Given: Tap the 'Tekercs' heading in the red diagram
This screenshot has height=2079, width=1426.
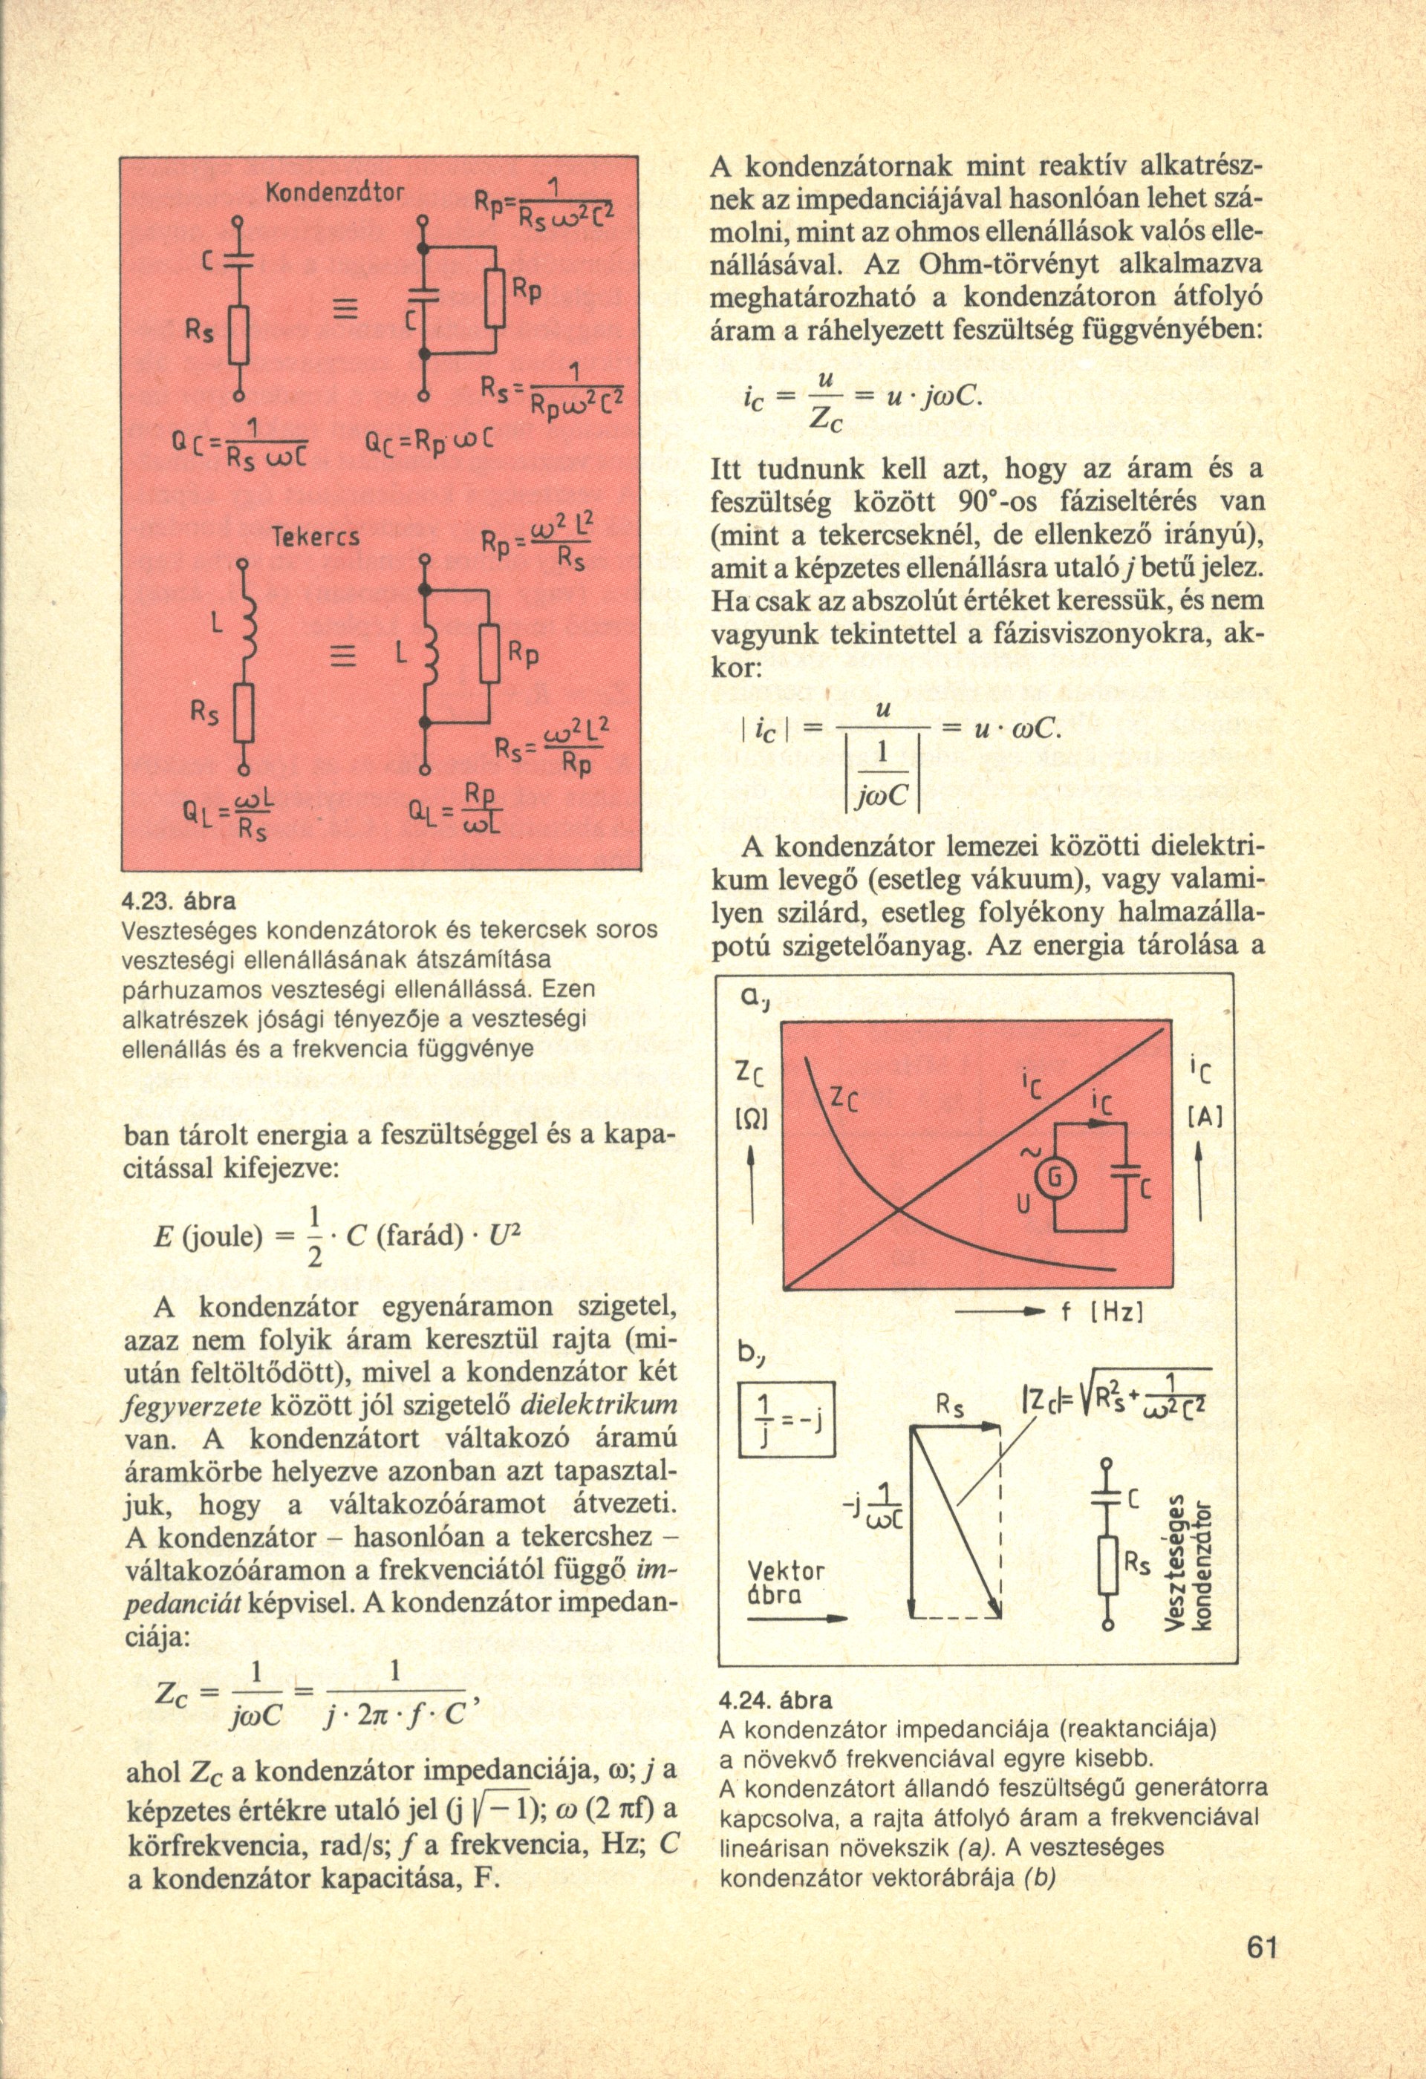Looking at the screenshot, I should [316, 537].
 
